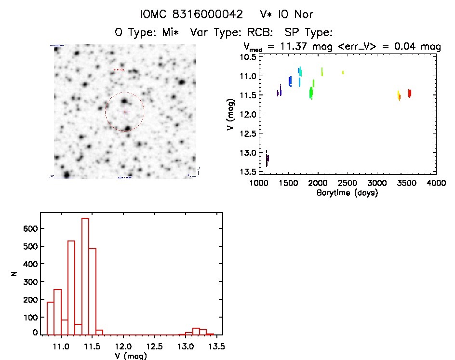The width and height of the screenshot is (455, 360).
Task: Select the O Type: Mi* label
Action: pyautogui.click(x=149, y=33)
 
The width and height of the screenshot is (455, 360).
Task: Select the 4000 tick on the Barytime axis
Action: pyautogui.click(x=436, y=184)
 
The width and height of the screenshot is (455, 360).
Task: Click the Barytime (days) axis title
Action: pyautogui.click(x=347, y=193)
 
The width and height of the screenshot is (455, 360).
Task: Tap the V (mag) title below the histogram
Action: pyautogui.click(x=131, y=356)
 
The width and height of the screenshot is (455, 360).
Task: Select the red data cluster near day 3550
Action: pyautogui.click(x=409, y=93)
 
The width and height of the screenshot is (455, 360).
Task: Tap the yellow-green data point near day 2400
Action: pyautogui.click(x=343, y=72)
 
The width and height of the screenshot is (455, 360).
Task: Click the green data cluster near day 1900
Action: pyautogui.click(x=311, y=92)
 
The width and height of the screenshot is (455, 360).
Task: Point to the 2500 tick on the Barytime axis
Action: pyautogui.click(x=347, y=184)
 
